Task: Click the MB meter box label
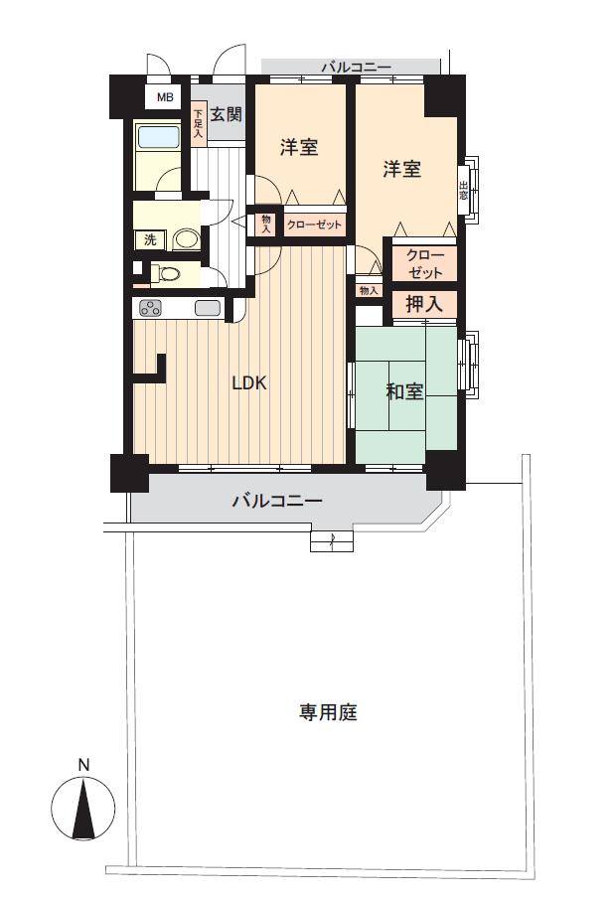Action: point(165,97)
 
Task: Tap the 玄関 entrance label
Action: point(226,114)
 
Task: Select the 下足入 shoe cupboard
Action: point(199,121)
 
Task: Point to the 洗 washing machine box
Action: point(150,239)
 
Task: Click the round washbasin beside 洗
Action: point(184,239)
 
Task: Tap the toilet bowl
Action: point(168,274)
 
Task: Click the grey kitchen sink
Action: point(208,308)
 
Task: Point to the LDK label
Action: point(248,382)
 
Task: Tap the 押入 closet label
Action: point(424,304)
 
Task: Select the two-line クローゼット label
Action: point(424,263)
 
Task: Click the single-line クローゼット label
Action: point(314,225)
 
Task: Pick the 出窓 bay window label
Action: point(464,188)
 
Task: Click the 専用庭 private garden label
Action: point(328,712)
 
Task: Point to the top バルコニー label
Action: point(355,68)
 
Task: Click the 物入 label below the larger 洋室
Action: point(369,290)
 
